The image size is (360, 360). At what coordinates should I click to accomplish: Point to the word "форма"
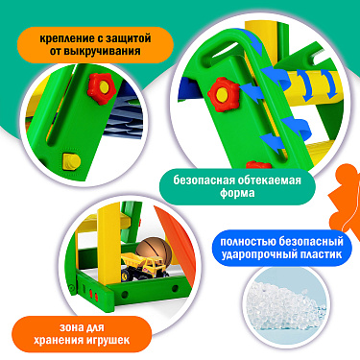(237, 193)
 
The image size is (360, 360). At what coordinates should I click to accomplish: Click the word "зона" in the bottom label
(72, 327)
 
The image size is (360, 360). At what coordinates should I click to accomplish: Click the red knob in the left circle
(102, 88)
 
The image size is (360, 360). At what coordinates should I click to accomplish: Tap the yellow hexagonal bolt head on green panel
(72, 161)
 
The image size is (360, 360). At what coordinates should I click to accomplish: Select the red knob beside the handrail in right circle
(223, 95)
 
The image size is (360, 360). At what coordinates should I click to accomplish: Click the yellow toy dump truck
(145, 265)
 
